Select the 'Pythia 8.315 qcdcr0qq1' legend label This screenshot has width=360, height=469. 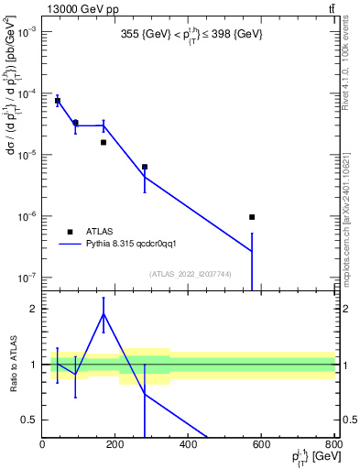[x=138, y=245]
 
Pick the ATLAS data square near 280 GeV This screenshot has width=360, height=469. [x=145, y=167]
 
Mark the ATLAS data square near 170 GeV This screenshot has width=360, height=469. [x=104, y=142]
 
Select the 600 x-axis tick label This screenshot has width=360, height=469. [x=261, y=445]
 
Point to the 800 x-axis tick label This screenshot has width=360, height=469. [x=332, y=445]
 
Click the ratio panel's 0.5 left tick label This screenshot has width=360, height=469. [x=31, y=420]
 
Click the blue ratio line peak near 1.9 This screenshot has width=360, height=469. [x=104, y=313]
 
